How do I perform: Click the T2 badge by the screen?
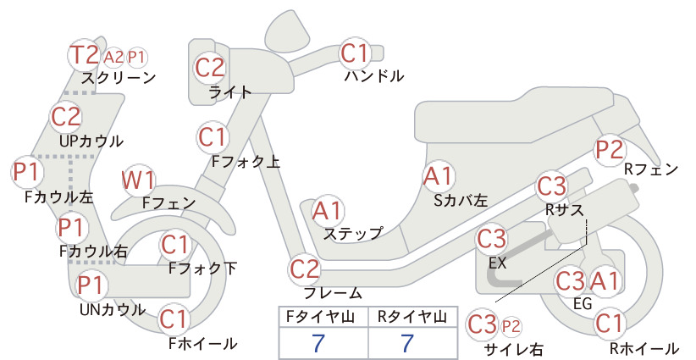coord(85,54)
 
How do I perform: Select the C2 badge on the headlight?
coord(210,68)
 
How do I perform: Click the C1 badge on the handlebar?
coord(355,53)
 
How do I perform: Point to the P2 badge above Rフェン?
coord(609,149)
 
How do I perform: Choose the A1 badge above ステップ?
coord(327,211)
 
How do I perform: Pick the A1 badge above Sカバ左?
coord(438,176)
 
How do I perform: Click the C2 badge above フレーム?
coord(305,269)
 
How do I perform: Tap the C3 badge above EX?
coord(491,239)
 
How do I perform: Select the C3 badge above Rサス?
coord(552,186)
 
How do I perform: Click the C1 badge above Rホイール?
coord(609,324)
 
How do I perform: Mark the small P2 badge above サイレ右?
coord(511,327)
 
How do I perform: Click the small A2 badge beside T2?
coord(113,58)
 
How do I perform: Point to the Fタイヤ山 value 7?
coord(318,343)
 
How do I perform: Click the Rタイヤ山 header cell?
coord(412,317)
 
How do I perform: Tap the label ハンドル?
coord(374,76)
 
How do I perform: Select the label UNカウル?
coord(113,309)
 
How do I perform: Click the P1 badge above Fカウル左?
coord(27,172)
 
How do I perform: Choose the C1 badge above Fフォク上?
coord(213,137)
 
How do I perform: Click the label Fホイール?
coord(203,344)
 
